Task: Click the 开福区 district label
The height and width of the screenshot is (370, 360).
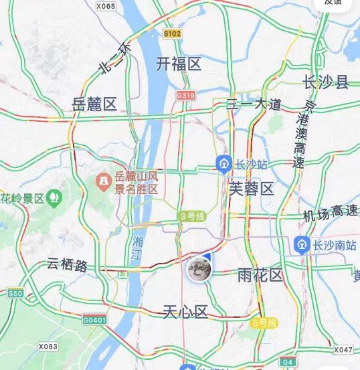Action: [x=179, y=64]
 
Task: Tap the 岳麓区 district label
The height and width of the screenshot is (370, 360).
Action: [x=94, y=104]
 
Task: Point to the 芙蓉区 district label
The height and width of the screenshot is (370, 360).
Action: [x=252, y=189]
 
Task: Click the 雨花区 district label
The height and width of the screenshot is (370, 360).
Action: [x=261, y=276]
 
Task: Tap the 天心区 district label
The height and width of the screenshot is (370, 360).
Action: [x=186, y=312]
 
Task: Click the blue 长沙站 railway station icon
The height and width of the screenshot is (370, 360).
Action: [x=224, y=163]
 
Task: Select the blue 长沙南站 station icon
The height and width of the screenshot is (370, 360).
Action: [x=301, y=245]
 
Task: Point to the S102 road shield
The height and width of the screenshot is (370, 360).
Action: [x=173, y=33]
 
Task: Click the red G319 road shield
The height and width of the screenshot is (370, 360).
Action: [x=186, y=96]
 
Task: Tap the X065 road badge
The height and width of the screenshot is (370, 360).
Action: [x=106, y=6]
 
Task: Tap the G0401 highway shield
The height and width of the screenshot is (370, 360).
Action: [x=94, y=320]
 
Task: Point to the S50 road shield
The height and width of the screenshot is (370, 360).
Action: [x=15, y=293]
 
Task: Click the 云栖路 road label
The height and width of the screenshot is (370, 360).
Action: [x=67, y=265]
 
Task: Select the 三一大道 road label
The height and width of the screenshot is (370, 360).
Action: [x=254, y=104]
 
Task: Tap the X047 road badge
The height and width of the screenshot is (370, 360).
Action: [x=343, y=349]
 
